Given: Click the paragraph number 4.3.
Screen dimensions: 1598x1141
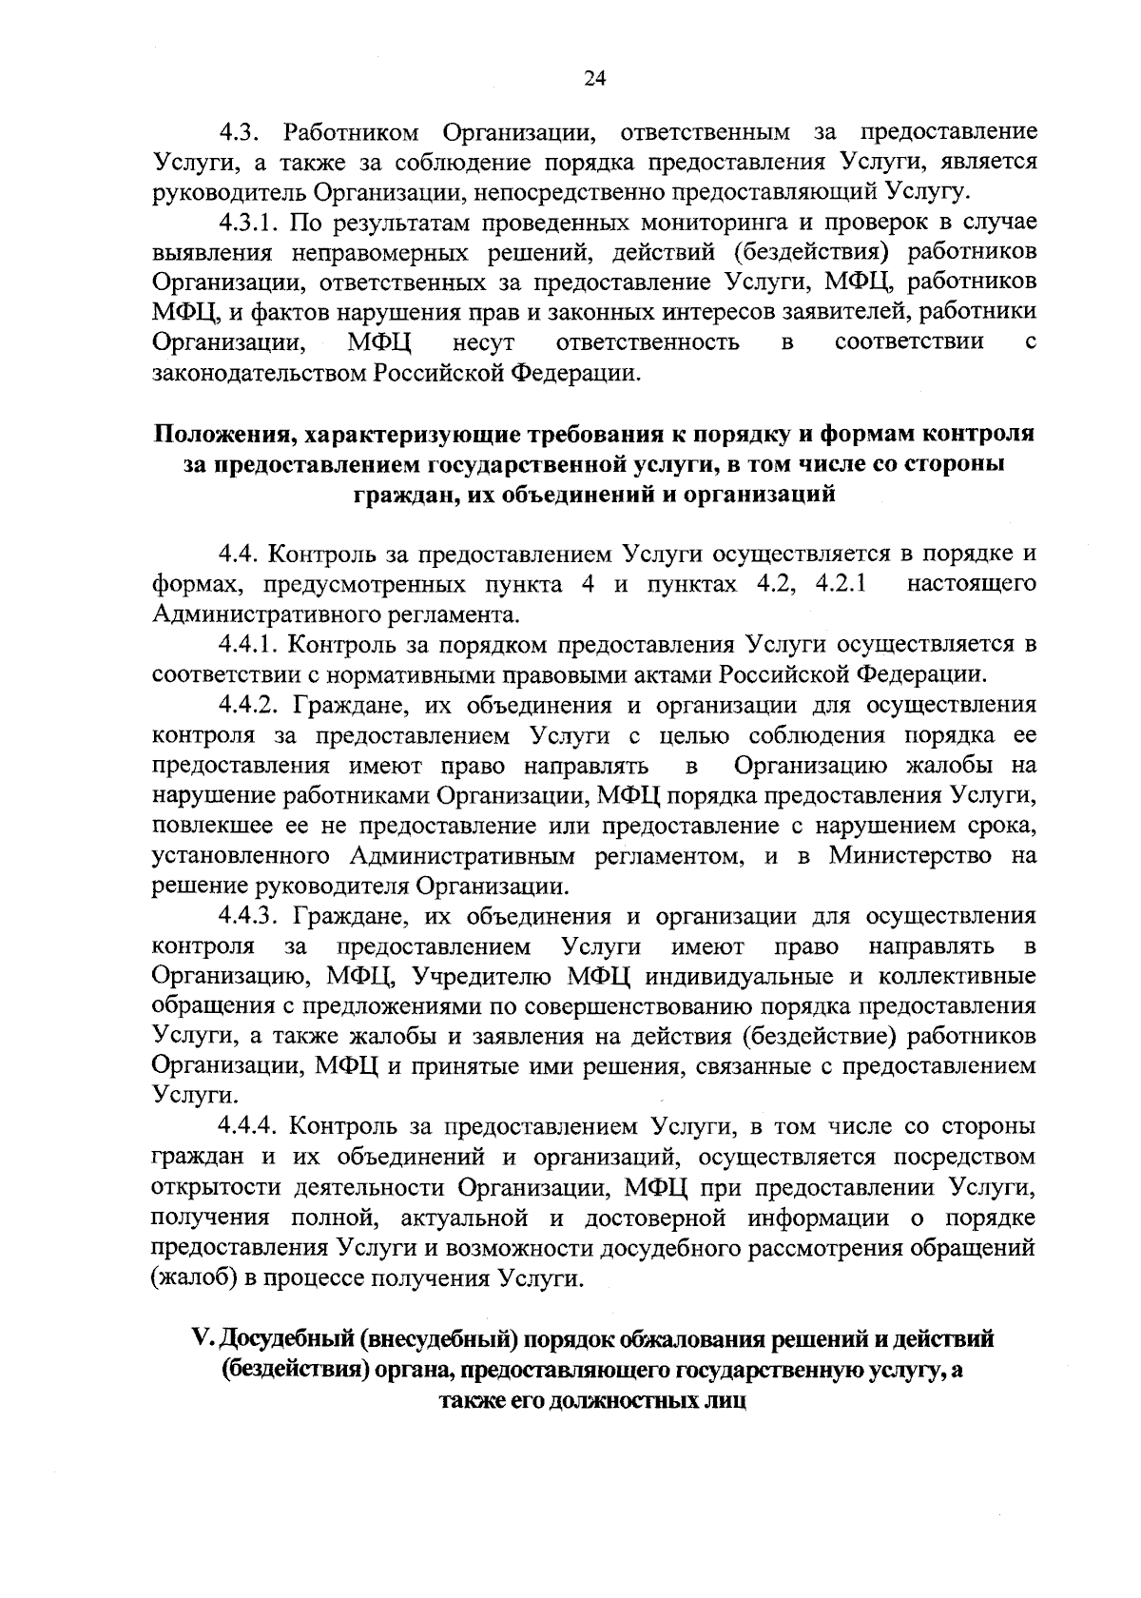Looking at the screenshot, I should [x=242, y=131].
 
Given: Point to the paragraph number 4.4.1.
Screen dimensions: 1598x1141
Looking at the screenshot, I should [x=251, y=645].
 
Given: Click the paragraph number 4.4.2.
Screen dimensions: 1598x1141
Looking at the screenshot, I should [x=251, y=705].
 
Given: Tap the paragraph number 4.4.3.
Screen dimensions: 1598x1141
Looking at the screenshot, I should [x=251, y=916].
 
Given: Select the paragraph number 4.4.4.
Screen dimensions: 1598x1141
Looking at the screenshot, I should [x=251, y=1127].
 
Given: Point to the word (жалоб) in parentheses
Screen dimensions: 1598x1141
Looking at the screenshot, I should [x=195, y=1277].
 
